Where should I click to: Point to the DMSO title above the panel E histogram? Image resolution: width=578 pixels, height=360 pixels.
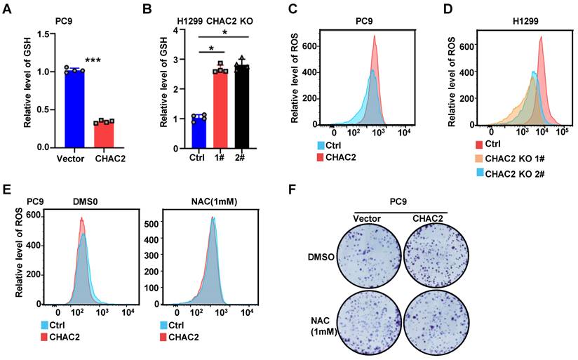click(x=83, y=201)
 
